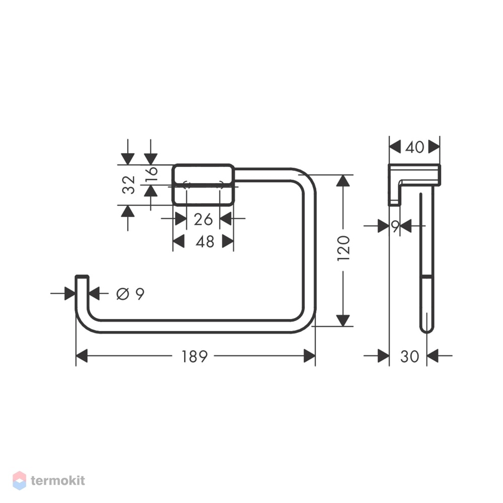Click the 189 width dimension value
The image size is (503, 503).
pyautogui.click(x=195, y=356)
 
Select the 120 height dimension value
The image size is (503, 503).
pyautogui.click(x=343, y=248)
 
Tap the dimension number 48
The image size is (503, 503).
pyautogui.click(x=205, y=241)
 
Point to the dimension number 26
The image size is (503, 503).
pyautogui.click(x=203, y=219)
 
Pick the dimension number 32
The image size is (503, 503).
pyautogui.click(x=129, y=185)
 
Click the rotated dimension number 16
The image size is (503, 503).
pyautogui.click(x=151, y=174)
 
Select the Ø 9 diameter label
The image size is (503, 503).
pyautogui.click(x=130, y=294)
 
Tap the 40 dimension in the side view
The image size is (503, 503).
pyautogui.click(x=414, y=147)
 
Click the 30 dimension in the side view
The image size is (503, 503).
pyautogui.click(x=409, y=356)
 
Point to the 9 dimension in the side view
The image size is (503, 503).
pyautogui.click(x=395, y=226)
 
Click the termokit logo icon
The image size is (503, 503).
pyautogui.click(x=19, y=480)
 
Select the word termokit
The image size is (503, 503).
pyautogui.click(x=58, y=480)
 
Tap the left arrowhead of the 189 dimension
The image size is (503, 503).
pyautogui.click(x=81, y=356)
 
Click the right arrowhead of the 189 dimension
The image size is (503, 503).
pyautogui.click(x=309, y=356)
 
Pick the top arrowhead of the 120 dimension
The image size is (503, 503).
pyautogui.click(x=343, y=181)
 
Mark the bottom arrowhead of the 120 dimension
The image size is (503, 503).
pyautogui.click(x=343, y=320)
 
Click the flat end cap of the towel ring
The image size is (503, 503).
pyautogui.click(x=82, y=276)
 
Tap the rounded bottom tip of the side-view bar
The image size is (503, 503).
pyautogui.click(x=427, y=330)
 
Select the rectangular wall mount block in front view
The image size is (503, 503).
pyautogui.click(x=203, y=185)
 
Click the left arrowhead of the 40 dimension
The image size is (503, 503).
pyautogui.click(x=395, y=147)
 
